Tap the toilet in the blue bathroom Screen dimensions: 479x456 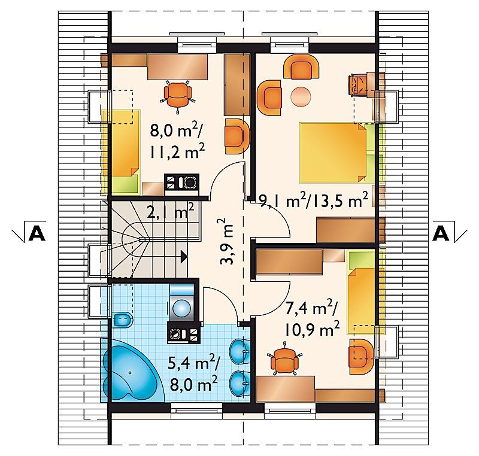point(123,320)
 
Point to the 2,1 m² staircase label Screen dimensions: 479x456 point(171,211)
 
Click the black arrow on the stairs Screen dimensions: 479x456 point(184,256)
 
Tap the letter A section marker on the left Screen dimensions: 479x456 point(37,235)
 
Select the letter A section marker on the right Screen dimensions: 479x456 point(441,235)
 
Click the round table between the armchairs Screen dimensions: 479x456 point(301,96)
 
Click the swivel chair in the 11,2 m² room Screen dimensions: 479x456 point(177,95)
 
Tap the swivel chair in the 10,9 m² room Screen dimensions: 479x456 point(284,360)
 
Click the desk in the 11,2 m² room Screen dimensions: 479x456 point(177,67)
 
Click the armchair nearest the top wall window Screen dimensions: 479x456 point(301,67)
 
